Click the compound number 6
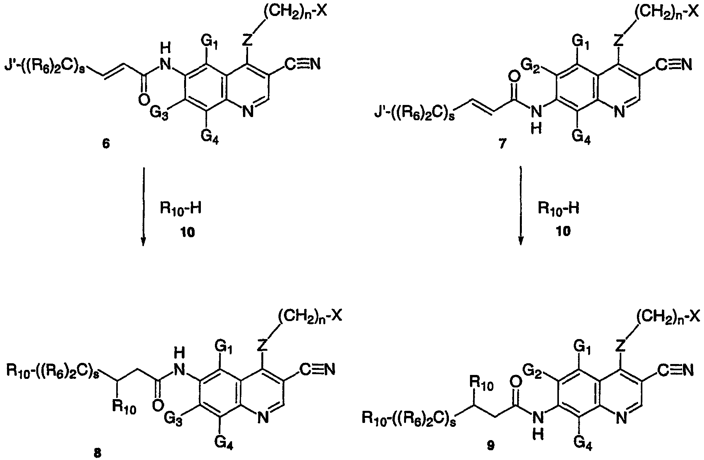(x=106, y=144)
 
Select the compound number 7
(x=502, y=145)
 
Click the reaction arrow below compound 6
(x=144, y=207)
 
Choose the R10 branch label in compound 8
(x=124, y=408)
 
